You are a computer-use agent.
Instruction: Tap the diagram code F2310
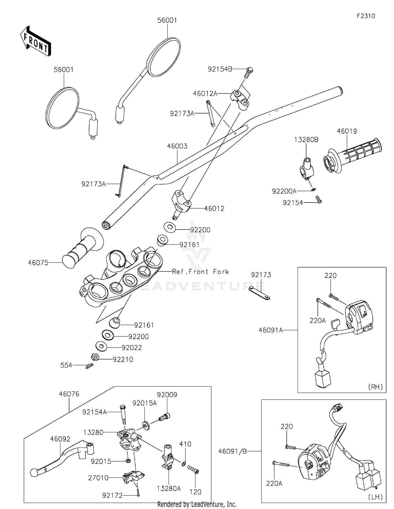pyautogui.click(x=366, y=16)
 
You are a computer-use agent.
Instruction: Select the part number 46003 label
pyautogui.click(x=177, y=146)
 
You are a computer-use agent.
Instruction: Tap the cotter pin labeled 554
pyautogui.click(x=89, y=366)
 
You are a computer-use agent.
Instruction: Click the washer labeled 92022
pyautogui.click(x=101, y=346)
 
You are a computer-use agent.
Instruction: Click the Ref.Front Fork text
pyautogui.click(x=200, y=272)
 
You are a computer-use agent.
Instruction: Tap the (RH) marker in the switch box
pyautogui.click(x=375, y=387)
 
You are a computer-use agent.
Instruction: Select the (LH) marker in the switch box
pyautogui.click(x=375, y=497)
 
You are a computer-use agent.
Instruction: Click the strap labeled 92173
pyautogui.click(x=259, y=293)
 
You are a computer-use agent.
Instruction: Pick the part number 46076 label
pyautogui.click(x=69, y=394)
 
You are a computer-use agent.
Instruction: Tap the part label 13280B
pyautogui.click(x=306, y=140)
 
